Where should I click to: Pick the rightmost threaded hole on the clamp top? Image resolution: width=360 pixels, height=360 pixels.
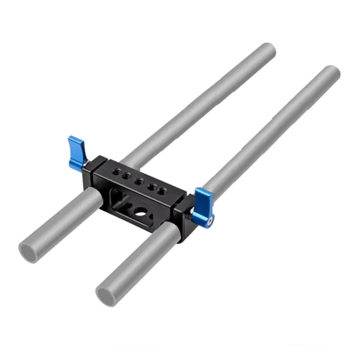tap(163, 191)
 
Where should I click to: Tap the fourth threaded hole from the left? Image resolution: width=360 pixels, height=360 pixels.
tap(151, 186)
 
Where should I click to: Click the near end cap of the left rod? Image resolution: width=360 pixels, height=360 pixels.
tap(28, 252)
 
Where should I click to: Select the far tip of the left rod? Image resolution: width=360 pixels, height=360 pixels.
tap(268, 50)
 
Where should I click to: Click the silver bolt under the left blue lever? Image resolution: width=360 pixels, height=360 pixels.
tap(88, 164)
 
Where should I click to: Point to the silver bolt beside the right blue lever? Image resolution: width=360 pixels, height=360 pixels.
tap(191, 210)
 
